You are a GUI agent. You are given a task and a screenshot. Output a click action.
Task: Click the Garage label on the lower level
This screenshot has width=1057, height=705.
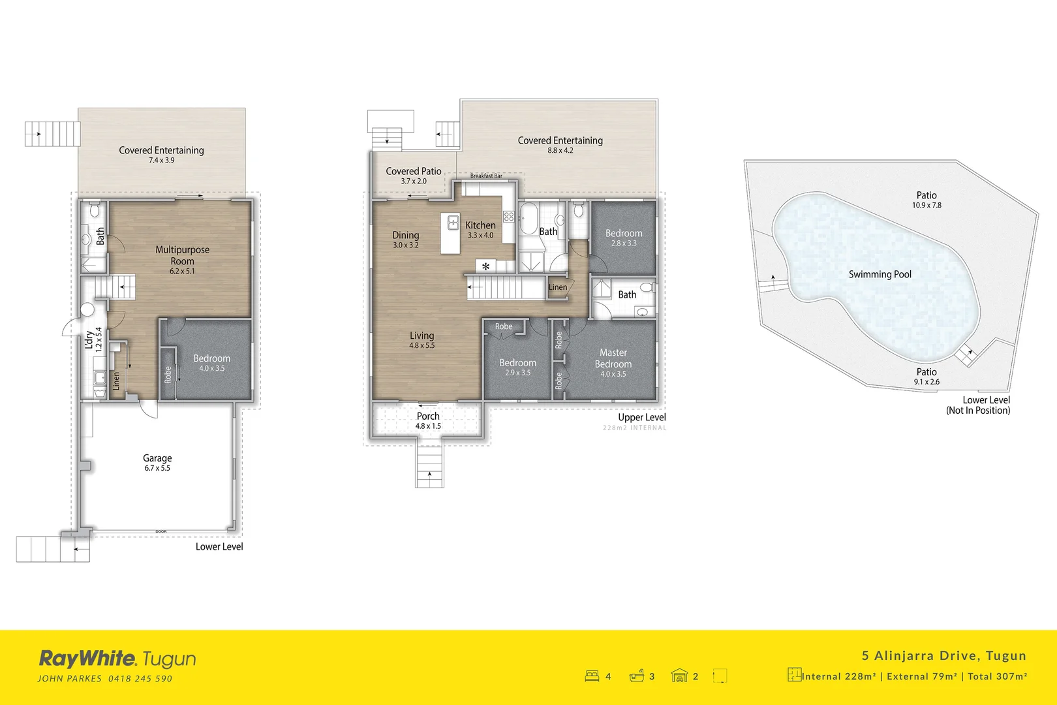pos(157,458)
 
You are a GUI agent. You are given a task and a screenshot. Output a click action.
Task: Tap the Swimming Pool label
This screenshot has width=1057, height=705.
pos(880,275)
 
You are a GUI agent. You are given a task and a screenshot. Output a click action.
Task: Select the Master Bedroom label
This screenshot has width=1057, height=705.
pos(613,358)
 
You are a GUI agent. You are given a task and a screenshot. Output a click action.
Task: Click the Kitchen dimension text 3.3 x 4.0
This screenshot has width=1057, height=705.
pos(480,236)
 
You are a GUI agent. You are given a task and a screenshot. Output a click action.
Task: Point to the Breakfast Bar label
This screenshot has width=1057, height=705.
pos(486,176)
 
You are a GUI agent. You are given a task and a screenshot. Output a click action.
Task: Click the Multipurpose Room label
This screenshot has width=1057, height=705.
pos(182,255)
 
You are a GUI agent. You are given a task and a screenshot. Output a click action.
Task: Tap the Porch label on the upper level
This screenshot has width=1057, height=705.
pos(428,416)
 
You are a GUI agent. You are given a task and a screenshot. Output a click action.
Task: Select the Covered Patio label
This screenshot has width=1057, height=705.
pos(413,171)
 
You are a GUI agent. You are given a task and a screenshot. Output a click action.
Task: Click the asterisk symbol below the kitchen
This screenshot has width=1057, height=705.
pos(485,266)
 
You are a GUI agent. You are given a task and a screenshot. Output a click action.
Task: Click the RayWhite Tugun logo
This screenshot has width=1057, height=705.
pos(117,659)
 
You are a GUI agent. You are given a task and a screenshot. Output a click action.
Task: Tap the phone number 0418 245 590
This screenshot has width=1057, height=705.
pos(140,679)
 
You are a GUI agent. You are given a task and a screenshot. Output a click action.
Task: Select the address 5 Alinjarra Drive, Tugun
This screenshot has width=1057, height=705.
pos(943,655)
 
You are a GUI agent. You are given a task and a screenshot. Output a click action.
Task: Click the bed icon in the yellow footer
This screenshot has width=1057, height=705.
pos(592,676)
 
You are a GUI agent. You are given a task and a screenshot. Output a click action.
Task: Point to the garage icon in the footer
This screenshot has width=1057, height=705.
pos(679,676)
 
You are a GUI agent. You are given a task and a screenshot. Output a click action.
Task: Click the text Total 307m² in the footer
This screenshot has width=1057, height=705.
pos(997,676)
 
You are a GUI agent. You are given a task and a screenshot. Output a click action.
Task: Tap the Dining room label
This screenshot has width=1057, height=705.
pos(405,235)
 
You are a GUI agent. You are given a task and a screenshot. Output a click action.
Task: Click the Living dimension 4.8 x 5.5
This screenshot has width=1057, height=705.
pos(421,346)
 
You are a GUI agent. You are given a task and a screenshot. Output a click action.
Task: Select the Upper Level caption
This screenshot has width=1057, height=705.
pos(642,418)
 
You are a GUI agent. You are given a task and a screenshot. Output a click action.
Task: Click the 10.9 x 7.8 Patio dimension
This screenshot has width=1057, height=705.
pos(927,206)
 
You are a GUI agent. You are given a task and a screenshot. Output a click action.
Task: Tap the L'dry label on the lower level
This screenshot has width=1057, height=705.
pos(89,339)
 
